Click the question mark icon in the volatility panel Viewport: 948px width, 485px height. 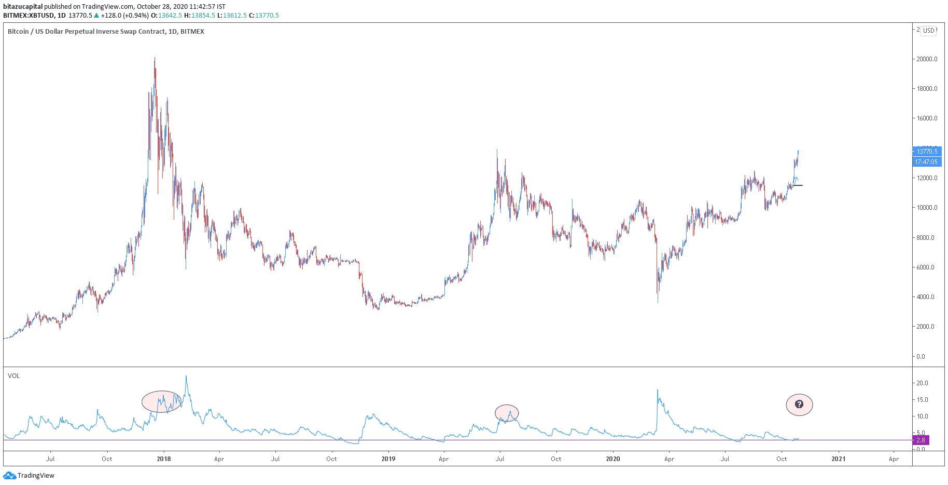tap(799, 404)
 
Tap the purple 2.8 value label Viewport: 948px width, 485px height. tap(921, 440)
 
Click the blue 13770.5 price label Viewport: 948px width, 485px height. tap(927, 152)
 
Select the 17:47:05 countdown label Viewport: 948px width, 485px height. tap(926, 162)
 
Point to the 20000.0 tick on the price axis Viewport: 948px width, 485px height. tap(927, 59)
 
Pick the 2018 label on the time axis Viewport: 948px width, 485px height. tap(164, 459)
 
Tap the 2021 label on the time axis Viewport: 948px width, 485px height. tap(838, 459)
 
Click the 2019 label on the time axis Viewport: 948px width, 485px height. tap(388, 459)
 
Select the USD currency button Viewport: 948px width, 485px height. tap(928, 31)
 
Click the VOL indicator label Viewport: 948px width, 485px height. tap(14, 376)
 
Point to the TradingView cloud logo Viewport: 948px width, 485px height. tap(9, 476)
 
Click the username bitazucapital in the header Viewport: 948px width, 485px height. tap(23, 7)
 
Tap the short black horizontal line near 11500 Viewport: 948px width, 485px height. tap(798, 185)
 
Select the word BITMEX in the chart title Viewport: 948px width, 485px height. tap(192, 32)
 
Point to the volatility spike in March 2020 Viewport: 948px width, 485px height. tap(658, 390)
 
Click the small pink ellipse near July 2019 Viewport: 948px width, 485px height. tap(507, 413)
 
